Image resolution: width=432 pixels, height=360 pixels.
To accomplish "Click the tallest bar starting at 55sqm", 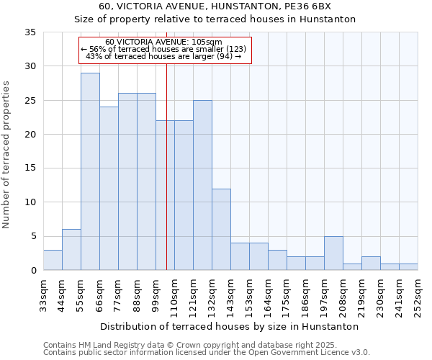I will (90, 171).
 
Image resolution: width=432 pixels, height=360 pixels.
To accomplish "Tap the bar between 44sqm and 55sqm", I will (71, 250).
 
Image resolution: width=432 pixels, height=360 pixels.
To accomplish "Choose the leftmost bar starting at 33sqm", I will (53, 260).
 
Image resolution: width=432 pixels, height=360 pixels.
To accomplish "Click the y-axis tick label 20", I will (30, 135).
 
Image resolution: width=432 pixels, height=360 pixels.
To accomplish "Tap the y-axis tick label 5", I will (32, 237).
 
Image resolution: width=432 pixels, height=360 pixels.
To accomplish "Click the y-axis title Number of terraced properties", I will (7, 154).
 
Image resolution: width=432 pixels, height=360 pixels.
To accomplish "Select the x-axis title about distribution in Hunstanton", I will (230, 326).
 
